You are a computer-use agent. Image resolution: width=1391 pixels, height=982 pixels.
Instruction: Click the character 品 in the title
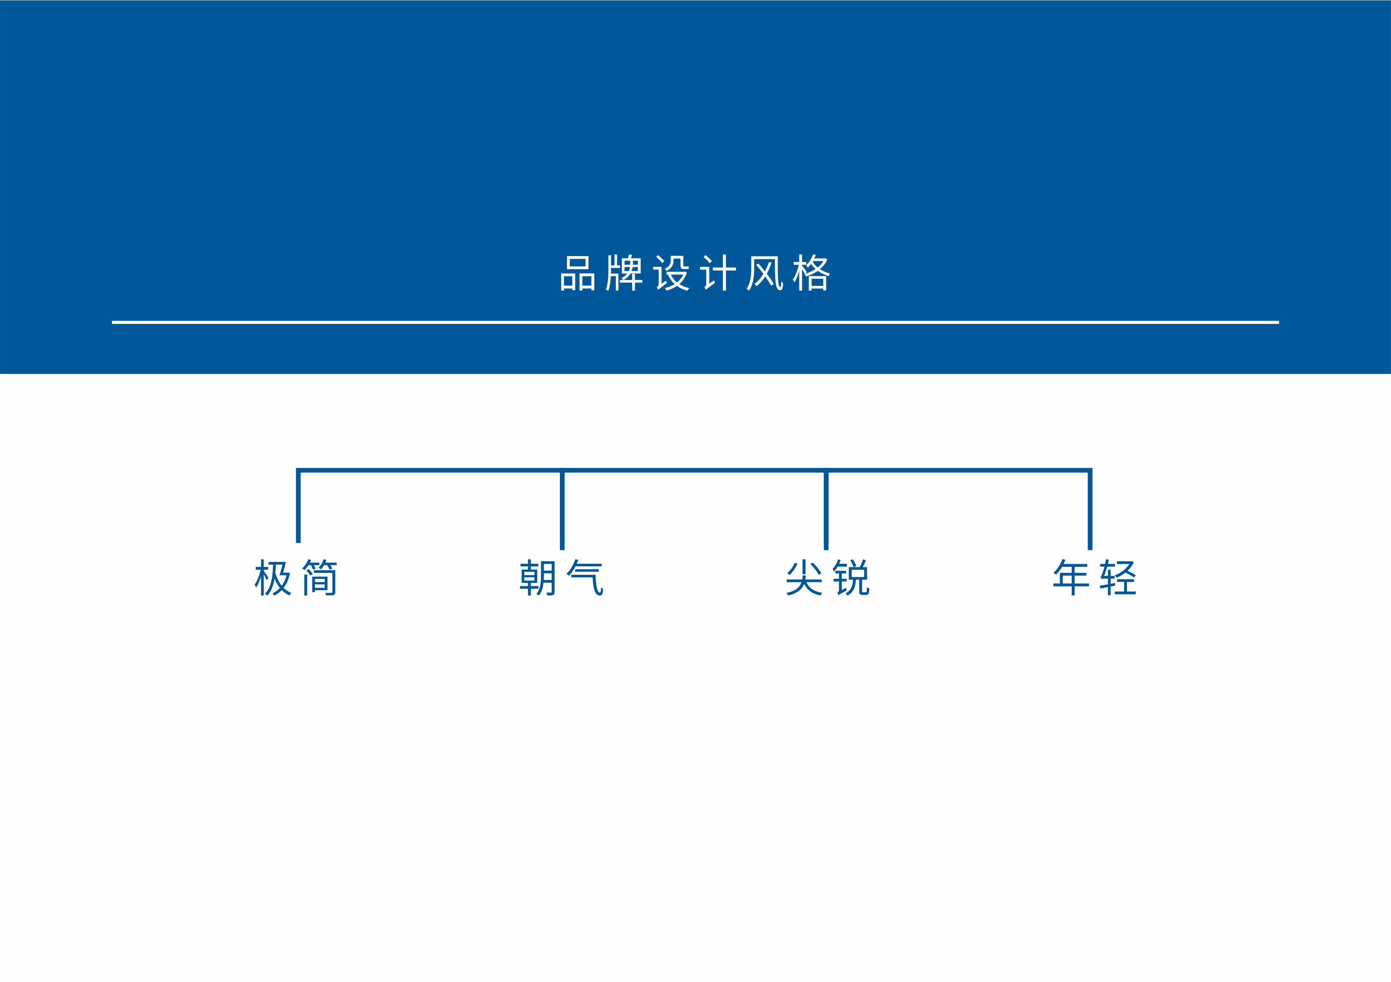(x=577, y=273)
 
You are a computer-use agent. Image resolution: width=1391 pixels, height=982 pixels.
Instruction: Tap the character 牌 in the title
(x=624, y=273)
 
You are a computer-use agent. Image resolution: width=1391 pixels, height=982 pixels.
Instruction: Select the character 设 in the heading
(x=671, y=273)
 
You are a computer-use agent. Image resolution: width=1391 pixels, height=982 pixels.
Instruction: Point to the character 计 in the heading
(x=718, y=273)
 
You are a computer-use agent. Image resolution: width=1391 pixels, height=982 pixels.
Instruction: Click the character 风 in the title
(x=764, y=273)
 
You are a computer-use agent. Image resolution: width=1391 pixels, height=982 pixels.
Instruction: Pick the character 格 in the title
(x=811, y=273)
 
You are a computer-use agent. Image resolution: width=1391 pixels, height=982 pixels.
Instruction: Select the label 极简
(x=296, y=578)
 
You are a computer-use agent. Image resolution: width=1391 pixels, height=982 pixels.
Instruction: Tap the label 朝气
(x=561, y=578)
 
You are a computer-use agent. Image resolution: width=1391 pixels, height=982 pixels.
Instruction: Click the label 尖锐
(x=828, y=578)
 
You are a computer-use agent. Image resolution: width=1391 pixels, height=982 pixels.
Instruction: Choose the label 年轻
(x=1094, y=578)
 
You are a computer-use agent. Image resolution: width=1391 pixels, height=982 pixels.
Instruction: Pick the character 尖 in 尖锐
(x=804, y=578)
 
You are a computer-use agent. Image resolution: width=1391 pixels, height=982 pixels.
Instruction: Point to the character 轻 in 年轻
(x=1118, y=578)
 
